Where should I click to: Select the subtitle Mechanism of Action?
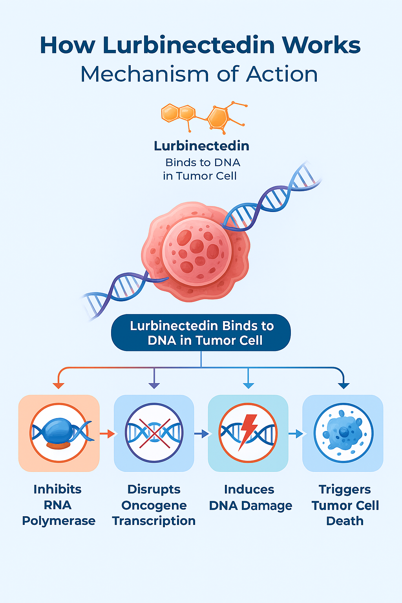(x=199, y=74)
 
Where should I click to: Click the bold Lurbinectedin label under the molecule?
(x=201, y=146)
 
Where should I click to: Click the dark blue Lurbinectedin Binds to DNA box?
(x=201, y=333)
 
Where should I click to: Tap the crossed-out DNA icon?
(x=154, y=433)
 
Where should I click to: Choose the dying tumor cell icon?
(x=343, y=433)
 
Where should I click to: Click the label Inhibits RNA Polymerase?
(x=58, y=505)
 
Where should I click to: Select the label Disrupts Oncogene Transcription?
(x=154, y=505)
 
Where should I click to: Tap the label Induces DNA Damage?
(x=250, y=497)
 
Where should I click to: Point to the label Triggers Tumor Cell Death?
(x=345, y=505)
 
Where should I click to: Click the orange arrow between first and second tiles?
(x=107, y=433)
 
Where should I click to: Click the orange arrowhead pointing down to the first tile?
(x=58, y=385)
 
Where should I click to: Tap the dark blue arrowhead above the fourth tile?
(x=344, y=385)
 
